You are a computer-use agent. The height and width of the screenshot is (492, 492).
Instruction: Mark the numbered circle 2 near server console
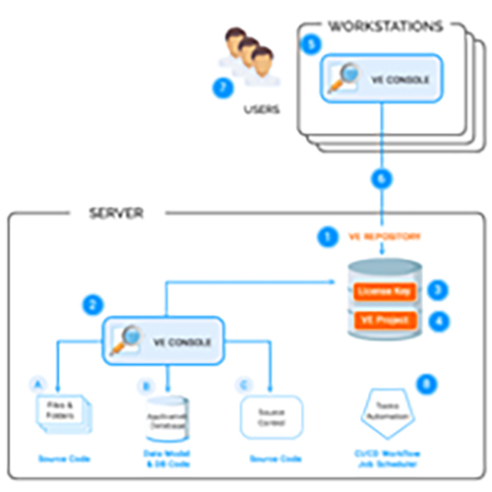(x=93, y=305)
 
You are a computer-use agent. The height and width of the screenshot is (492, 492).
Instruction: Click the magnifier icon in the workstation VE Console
(x=344, y=79)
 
